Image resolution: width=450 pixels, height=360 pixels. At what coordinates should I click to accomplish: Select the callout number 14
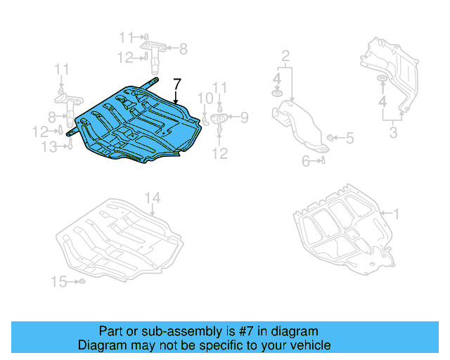point(153,198)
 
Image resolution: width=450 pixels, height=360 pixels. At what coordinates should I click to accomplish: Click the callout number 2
point(285,55)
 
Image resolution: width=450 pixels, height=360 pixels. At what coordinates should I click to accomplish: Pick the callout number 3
point(394,132)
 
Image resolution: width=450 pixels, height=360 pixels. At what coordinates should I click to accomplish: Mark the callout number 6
point(306,161)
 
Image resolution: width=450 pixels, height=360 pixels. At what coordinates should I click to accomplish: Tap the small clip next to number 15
point(82,282)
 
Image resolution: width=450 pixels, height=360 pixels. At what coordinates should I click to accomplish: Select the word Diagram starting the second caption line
point(100,345)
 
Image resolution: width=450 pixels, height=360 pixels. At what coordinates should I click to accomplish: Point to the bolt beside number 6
point(321,161)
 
